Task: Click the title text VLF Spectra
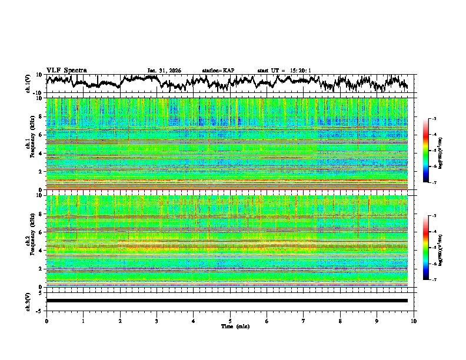click(66, 70)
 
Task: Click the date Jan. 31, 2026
click(164, 71)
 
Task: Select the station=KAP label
click(218, 71)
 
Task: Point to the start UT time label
click(284, 71)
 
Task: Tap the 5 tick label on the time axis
click(230, 321)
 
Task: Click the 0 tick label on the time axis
click(46, 321)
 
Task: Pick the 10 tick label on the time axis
click(414, 321)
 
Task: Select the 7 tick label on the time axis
click(304, 321)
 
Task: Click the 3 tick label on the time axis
click(157, 321)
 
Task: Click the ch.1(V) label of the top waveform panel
click(28, 84)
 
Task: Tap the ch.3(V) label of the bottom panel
click(28, 300)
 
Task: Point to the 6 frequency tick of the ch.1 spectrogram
click(41, 135)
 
